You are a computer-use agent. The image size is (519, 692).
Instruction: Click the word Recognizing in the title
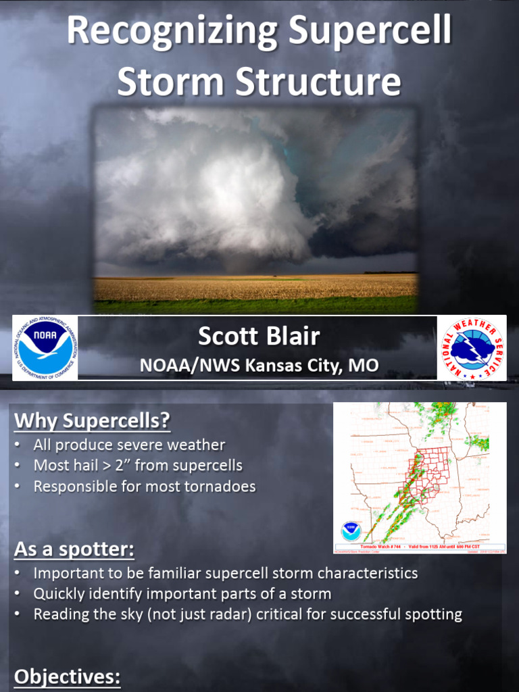(172, 32)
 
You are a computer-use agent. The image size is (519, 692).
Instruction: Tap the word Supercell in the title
(370, 32)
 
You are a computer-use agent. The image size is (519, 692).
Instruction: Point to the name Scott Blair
(259, 337)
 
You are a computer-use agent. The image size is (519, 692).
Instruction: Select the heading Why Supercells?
(92, 420)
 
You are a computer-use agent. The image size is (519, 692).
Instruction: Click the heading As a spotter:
(74, 549)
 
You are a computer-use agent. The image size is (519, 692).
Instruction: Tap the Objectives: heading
(68, 676)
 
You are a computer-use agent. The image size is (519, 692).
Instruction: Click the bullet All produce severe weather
(129, 445)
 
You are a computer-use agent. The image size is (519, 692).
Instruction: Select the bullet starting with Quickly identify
(182, 594)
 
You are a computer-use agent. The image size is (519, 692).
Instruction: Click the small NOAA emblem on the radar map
(351, 530)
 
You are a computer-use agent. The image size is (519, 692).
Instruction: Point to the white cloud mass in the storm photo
(203, 196)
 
